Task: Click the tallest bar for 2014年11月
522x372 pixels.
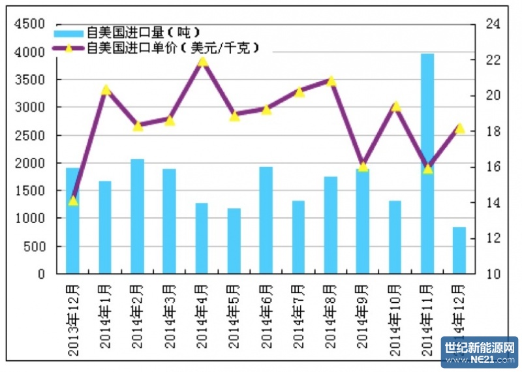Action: [x=427, y=163]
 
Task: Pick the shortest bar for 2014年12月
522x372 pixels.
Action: [x=459, y=251]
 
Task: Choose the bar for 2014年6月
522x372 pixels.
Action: [x=266, y=221]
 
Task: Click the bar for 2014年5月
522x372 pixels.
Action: [x=234, y=241]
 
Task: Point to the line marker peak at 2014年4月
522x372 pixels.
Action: [x=202, y=61]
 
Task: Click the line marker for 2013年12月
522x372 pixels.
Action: [x=73, y=200]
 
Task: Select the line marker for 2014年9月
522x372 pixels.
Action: [x=363, y=166]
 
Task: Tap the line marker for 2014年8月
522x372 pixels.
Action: [x=331, y=81]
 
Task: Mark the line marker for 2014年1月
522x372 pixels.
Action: [x=106, y=89]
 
